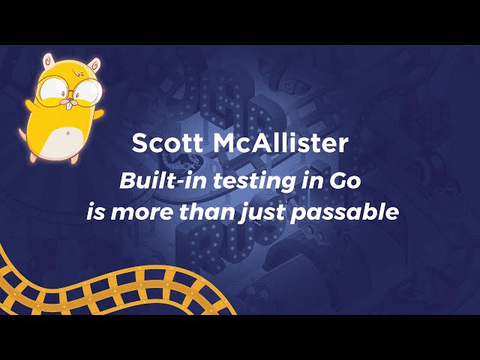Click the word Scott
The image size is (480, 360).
pos(167,142)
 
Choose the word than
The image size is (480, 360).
pos(208,211)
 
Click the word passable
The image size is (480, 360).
pos(345,212)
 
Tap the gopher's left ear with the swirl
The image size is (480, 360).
pos(48,61)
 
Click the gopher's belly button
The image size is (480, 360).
pos(67,133)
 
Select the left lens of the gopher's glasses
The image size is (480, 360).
pos(51,88)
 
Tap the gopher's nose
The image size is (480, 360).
pos(70,100)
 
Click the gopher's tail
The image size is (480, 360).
pos(22,134)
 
